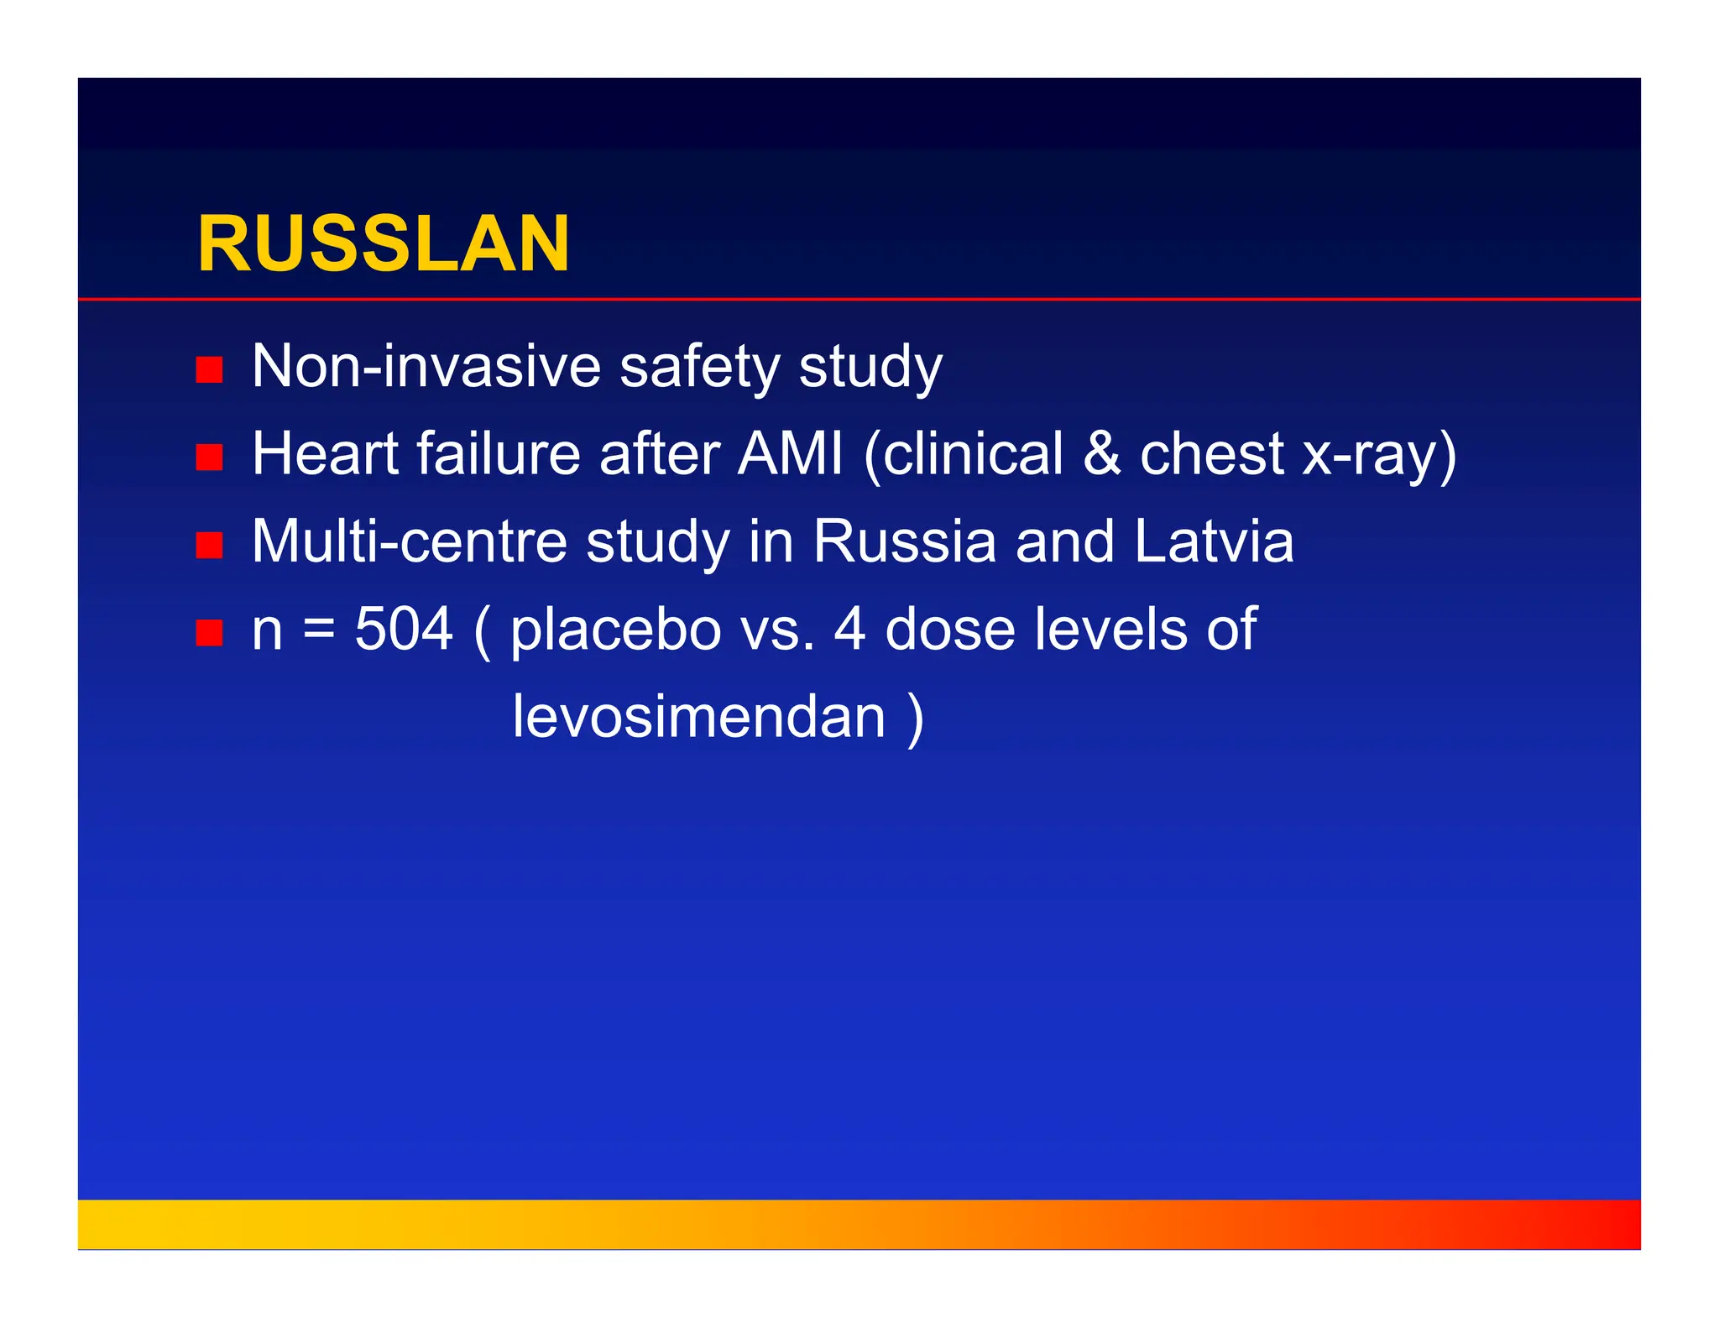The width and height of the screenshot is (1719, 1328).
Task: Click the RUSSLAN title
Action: (383, 244)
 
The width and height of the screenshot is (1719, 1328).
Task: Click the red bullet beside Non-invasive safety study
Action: (209, 369)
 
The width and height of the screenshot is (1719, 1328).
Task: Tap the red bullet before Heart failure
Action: (209, 457)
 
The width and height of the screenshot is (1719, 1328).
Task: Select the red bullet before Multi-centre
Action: (209, 545)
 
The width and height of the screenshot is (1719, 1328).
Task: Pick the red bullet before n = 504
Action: (209, 632)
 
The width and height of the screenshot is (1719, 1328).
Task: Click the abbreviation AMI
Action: (790, 454)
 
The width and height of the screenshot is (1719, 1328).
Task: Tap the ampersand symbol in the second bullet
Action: (1101, 454)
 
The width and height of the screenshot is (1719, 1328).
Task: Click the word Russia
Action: (904, 541)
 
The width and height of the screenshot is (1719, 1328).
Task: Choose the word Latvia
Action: (1214, 541)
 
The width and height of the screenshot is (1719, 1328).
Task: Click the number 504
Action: (404, 630)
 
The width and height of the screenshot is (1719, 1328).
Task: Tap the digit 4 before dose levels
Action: (849, 630)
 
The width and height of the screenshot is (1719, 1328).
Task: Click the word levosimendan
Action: (699, 717)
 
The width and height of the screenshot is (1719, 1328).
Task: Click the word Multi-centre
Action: (410, 541)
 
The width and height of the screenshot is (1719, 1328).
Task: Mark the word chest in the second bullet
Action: (1211, 454)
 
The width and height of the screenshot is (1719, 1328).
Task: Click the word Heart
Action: (326, 454)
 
